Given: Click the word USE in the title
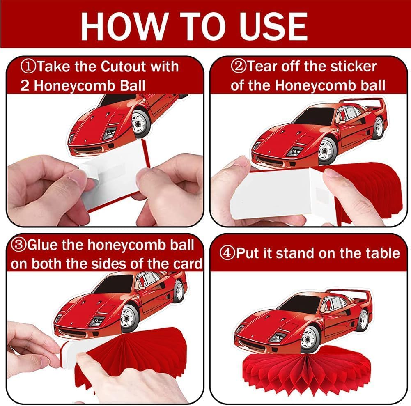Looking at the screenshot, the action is pyautogui.click(x=273, y=26).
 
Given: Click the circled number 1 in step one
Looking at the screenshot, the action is pyautogui.click(x=29, y=67).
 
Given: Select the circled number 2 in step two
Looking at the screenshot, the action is pyautogui.click(x=238, y=67).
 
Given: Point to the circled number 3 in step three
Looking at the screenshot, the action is pyautogui.click(x=18, y=245).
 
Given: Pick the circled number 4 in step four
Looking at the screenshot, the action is pyautogui.click(x=227, y=253).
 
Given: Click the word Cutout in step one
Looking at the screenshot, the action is pyautogui.click(x=123, y=67).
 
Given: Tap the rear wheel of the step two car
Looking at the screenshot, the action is pyautogui.click(x=379, y=128).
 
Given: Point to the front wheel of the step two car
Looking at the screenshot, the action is pyautogui.click(x=327, y=151).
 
